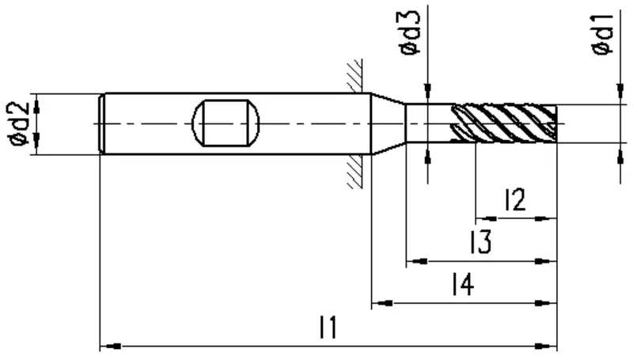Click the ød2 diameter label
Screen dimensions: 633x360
(17, 124)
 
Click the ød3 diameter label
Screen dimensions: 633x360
(409, 32)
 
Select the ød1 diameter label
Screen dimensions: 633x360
(602, 33)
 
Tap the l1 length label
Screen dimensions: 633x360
(328, 328)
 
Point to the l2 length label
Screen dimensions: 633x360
(515, 199)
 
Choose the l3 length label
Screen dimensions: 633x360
(480, 242)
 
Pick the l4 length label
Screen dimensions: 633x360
(463, 284)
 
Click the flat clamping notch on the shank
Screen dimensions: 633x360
(226, 123)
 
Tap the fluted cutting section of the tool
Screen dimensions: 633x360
(504, 123)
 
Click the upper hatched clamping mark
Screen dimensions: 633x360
(354, 76)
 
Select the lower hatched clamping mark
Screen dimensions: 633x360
(354, 172)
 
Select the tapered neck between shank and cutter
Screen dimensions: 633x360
(389, 123)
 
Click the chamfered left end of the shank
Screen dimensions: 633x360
(102, 123)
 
